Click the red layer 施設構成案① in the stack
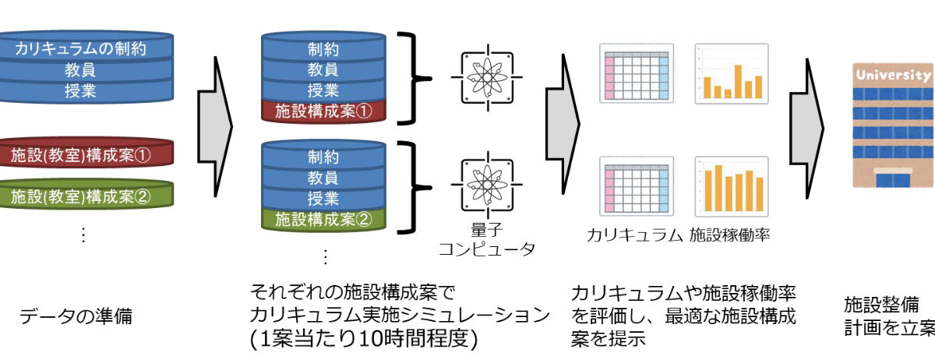coord(323,111)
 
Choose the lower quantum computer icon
coord(487,185)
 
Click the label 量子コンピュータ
coord(487,239)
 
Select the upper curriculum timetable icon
coord(635,72)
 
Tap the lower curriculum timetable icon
coord(635,185)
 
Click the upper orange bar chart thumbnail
coord(731,72)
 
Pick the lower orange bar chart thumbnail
coord(731,185)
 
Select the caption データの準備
coord(76,317)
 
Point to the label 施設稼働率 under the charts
coord(729,233)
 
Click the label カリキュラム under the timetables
coord(634,233)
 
